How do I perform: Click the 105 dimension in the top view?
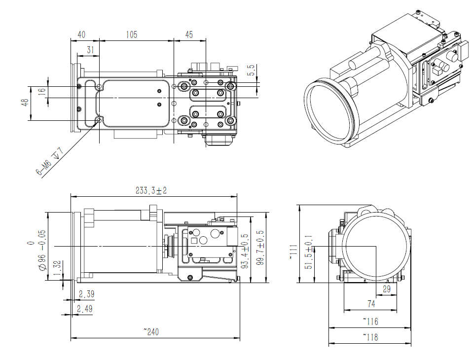click(x=131, y=35)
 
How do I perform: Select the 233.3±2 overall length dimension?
click(x=155, y=190)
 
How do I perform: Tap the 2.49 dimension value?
click(x=84, y=309)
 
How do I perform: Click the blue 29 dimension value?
click(x=386, y=289)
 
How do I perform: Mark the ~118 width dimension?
click(x=370, y=337)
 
